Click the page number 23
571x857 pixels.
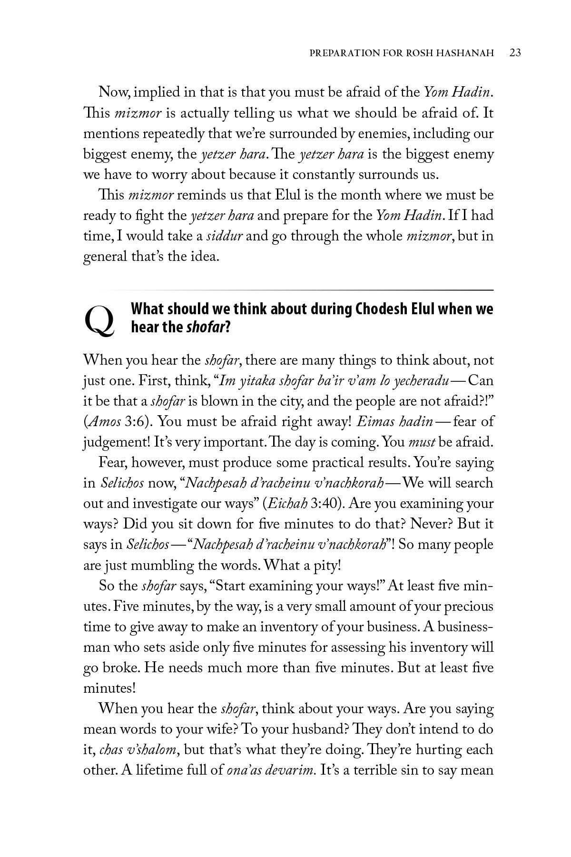[x=515, y=52]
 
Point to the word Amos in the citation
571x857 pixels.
[x=99, y=421]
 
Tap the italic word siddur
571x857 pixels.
[x=224, y=236]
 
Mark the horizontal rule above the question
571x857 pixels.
[x=288, y=289]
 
